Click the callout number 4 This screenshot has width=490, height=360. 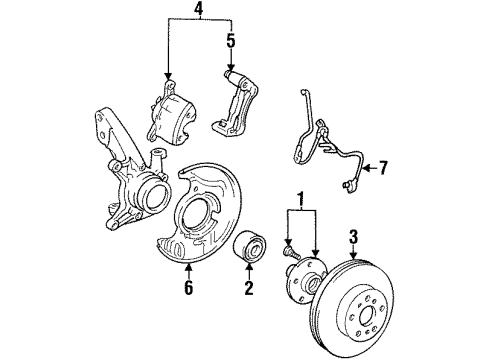(199, 9)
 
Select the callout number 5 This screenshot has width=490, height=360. (231, 41)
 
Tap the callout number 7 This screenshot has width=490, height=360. (383, 168)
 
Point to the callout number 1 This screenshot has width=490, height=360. (301, 199)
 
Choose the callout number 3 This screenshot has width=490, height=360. (353, 236)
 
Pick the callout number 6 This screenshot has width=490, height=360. (189, 288)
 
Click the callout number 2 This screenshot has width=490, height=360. (249, 288)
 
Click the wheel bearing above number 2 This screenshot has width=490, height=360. (249, 247)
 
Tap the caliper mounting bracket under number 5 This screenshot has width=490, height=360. (235, 102)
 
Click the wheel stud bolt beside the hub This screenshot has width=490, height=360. (291, 251)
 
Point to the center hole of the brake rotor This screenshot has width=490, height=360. (366, 315)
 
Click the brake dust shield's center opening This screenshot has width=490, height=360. (197, 210)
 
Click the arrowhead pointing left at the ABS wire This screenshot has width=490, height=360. (366, 168)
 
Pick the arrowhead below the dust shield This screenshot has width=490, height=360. (189, 267)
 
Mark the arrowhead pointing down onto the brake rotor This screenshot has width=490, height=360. (353, 255)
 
